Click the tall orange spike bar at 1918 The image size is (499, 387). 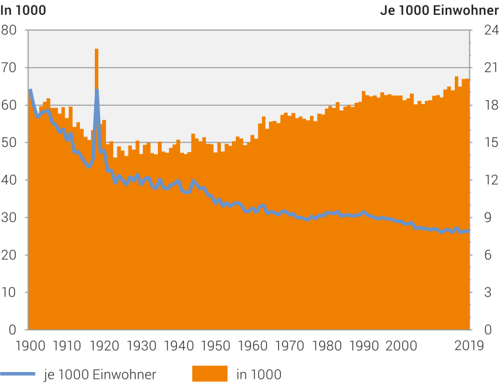point(96,65)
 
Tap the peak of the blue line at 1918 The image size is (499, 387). point(97,90)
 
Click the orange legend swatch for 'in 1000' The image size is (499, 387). point(209,373)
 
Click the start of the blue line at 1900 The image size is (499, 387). point(29,90)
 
